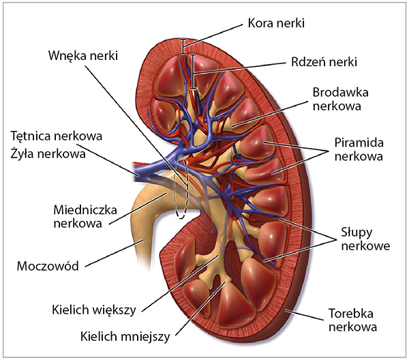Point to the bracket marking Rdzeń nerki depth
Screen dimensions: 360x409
point(193,71)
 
